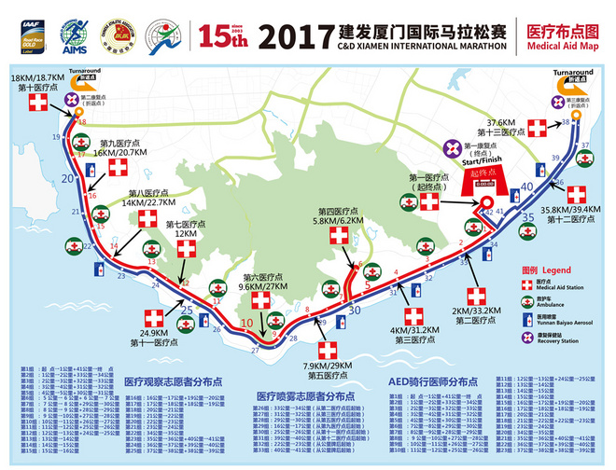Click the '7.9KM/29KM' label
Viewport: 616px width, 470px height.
click(x=327, y=365)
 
